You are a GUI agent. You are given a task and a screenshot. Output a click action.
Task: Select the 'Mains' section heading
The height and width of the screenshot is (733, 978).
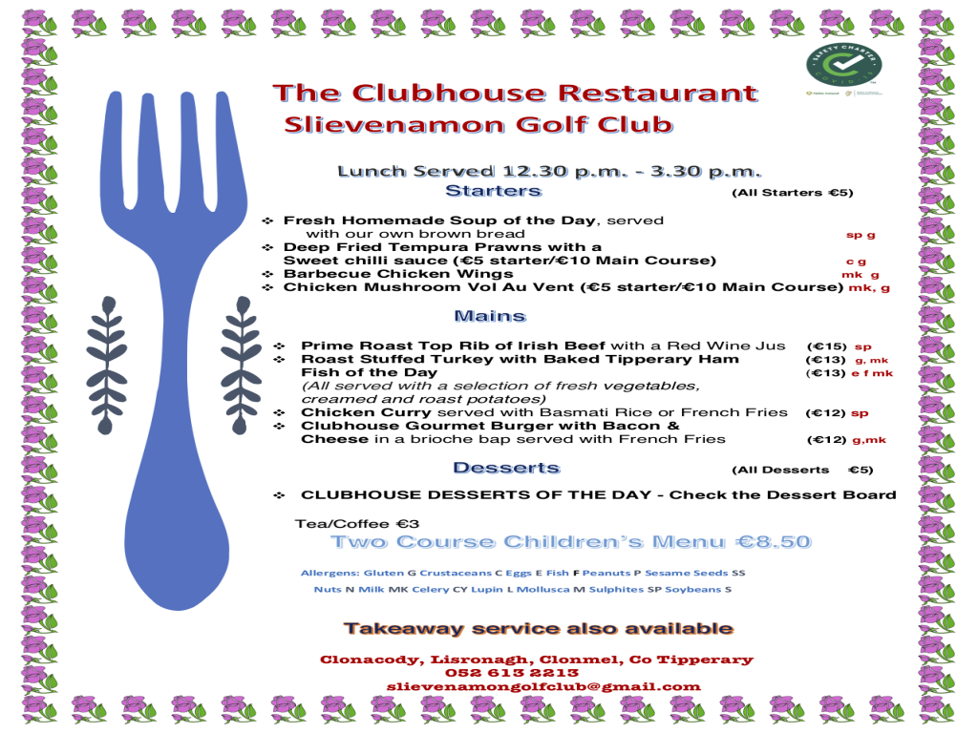point(490,315)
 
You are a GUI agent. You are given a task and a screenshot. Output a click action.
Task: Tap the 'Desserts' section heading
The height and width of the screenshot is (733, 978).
point(506,468)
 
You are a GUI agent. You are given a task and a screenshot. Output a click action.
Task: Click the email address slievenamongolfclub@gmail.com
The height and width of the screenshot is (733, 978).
point(543,686)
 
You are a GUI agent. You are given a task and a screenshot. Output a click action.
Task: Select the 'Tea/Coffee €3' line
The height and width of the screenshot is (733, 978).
point(357,523)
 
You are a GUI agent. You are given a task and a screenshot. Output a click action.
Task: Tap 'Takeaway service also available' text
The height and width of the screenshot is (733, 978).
point(539,628)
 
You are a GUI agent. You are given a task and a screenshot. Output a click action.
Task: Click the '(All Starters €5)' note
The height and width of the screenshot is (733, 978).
point(792,193)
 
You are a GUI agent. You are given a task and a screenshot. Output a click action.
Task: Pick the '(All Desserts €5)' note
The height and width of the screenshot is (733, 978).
point(802,470)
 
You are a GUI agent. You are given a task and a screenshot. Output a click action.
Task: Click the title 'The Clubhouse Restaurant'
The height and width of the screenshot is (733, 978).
point(515,94)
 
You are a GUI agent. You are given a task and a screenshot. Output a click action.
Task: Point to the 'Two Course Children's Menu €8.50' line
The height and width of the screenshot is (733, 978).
point(570,542)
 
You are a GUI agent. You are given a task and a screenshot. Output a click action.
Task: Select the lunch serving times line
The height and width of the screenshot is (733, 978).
point(549,172)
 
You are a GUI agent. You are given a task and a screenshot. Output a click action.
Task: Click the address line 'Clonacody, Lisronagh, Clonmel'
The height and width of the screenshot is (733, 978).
point(536,660)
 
